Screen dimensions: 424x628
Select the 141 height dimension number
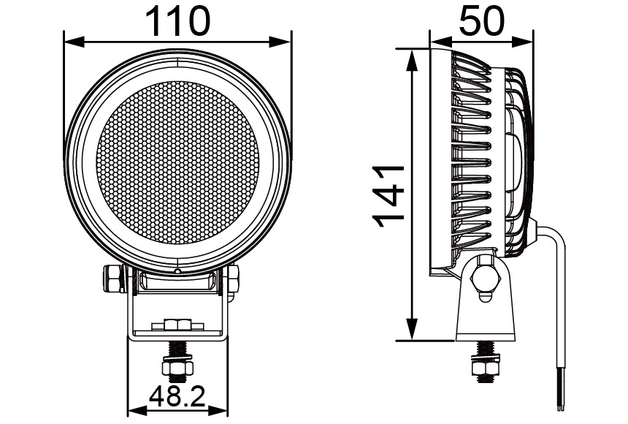[x=388, y=195]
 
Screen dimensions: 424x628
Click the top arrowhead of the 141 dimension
[x=413, y=56]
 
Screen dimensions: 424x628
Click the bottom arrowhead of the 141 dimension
[x=413, y=334]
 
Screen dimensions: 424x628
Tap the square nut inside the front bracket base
[x=177, y=324]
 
